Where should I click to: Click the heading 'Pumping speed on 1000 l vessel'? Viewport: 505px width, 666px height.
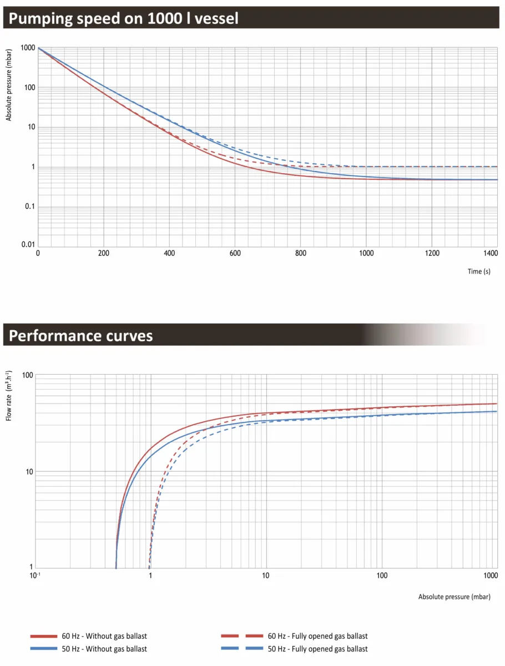coord(123,18)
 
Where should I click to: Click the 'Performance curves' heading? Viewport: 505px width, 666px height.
coord(80,336)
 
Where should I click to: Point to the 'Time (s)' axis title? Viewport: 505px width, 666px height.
coord(478,271)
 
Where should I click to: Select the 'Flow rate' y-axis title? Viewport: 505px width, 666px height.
coord(9,396)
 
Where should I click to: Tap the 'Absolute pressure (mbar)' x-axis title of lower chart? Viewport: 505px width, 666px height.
coord(454,597)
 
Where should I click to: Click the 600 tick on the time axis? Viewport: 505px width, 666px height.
coord(235,253)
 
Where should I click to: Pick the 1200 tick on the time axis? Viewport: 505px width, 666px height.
coord(432,253)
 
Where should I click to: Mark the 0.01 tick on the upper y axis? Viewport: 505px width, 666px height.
coord(28,244)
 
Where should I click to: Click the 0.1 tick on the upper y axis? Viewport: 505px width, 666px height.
coord(30,206)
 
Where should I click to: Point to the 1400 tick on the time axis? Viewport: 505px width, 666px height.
coord(491,253)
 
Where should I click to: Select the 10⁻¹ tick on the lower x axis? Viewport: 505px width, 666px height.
coord(35,576)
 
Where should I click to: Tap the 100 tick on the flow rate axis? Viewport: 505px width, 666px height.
coord(28,375)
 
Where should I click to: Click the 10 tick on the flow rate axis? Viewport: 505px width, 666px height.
coord(29,472)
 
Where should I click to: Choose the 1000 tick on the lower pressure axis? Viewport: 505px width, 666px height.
coord(491,576)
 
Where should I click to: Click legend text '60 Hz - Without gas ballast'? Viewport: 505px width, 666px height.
coord(104,636)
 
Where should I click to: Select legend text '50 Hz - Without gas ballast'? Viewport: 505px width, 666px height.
coord(104,649)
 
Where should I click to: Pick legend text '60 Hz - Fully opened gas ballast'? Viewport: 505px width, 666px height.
coord(317,636)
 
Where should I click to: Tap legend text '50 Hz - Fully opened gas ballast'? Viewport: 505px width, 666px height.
coord(317,649)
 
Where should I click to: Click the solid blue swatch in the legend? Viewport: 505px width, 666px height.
coord(44,649)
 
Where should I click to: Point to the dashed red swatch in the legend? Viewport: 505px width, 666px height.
coord(242,636)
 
